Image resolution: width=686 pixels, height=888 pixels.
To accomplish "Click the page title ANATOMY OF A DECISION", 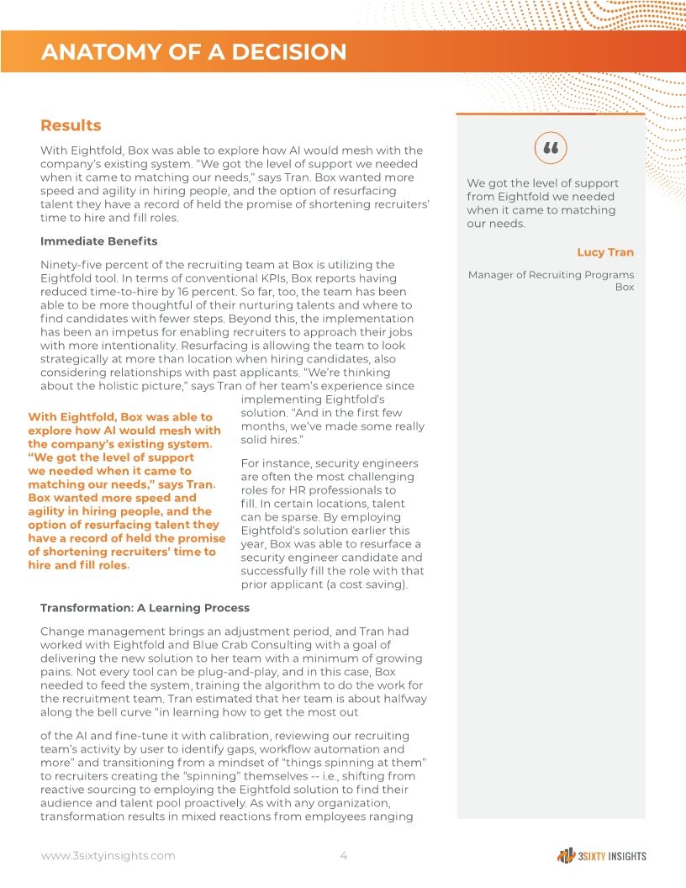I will click(193, 52).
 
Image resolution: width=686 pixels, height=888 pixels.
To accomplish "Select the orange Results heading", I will click(71, 125).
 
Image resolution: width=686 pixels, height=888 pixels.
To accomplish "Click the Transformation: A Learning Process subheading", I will click(145, 607).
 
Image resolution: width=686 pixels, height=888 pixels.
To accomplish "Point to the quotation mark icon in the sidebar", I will click(551, 148).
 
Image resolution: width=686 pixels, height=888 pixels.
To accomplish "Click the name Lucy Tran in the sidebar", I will click(605, 252).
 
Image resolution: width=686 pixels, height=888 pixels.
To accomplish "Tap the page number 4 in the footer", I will click(343, 856).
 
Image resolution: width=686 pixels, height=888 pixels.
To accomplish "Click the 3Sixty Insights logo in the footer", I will click(601, 856).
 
